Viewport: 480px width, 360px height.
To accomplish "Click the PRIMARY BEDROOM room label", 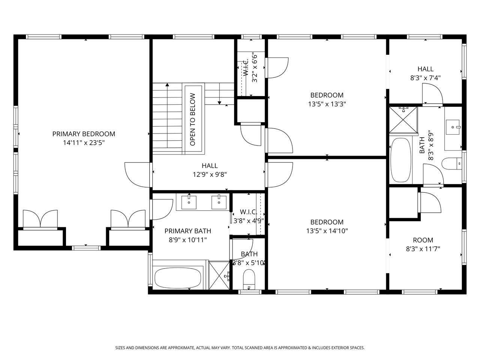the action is point(84,134).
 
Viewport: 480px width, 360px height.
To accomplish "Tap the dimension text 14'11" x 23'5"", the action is point(84,143).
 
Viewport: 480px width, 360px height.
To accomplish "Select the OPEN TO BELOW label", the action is point(192,119).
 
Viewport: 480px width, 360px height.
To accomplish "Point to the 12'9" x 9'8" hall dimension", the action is point(210,174).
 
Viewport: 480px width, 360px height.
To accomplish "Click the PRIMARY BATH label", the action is point(188,231).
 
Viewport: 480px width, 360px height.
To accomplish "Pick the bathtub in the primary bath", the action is point(178,278).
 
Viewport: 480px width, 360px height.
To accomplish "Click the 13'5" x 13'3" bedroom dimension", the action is point(327,104).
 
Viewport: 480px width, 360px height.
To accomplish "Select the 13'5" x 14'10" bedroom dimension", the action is point(327,231).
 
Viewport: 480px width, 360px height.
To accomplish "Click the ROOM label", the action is point(423,240).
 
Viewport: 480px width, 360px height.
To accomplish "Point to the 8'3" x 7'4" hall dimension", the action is point(425,78).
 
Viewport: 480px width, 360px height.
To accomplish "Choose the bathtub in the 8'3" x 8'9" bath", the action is point(401,160).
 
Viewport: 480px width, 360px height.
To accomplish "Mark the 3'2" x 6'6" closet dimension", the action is point(255,67).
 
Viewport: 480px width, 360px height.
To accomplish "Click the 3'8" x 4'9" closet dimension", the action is point(249,221).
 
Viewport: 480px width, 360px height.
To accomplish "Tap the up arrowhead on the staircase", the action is point(167,85).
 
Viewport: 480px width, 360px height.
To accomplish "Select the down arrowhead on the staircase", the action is point(219,103).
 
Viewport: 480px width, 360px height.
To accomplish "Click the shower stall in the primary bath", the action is point(219,275).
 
